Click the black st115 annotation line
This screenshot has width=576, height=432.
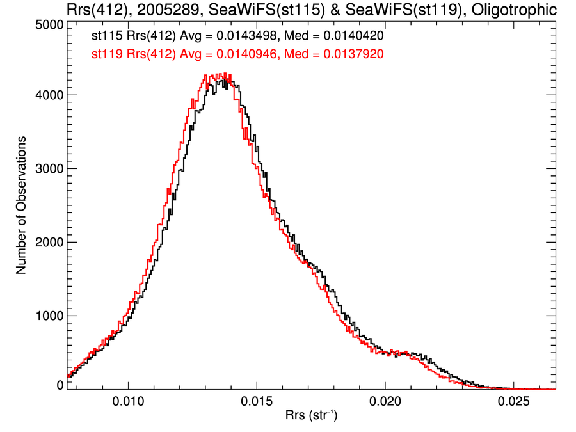[237, 36]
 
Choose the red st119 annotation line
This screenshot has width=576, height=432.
[237, 54]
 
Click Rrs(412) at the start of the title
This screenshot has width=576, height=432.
[96, 10]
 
